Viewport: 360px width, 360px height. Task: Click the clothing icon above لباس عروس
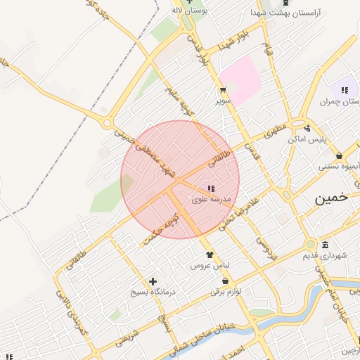[x=207, y=255]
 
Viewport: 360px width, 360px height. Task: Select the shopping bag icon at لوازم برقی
[x=225, y=281]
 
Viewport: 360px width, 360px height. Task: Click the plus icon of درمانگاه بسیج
[x=152, y=281]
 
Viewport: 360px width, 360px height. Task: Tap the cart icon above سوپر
[x=223, y=90]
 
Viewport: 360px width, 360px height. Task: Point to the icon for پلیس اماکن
[x=307, y=128]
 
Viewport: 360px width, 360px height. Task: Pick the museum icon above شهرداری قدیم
[x=325, y=245]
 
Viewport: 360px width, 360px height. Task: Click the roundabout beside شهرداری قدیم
[x=310, y=245]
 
